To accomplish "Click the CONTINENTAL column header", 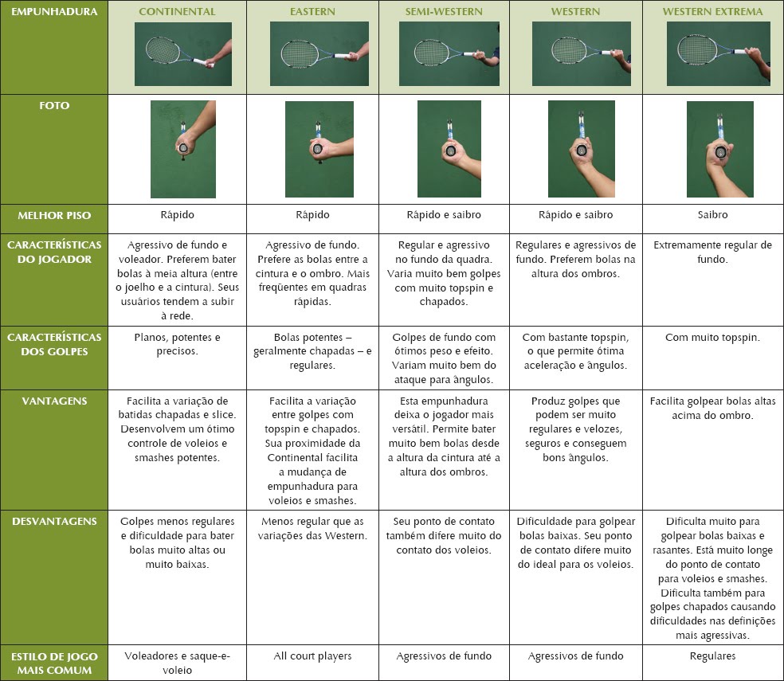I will coord(177,12).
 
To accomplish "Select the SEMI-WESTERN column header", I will coord(444,12).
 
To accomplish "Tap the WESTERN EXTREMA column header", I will coord(712,12).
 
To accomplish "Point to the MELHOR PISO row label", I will coord(54,216).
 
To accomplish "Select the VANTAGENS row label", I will coord(54,401).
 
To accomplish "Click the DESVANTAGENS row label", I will coord(54,522).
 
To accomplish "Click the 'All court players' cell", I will coord(312,656).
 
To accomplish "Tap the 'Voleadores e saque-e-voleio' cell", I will coord(177,663).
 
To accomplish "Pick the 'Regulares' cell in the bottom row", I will coord(712,656).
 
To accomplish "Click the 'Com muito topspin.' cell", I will coord(712,338).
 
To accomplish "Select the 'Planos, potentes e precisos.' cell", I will coord(177,344).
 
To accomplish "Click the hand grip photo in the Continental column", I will coord(183,149).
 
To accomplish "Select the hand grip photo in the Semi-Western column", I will coord(449,149).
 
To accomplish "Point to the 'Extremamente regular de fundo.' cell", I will coord(712,252).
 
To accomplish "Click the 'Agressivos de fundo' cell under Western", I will coord(575,656).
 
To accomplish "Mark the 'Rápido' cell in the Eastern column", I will coord(312,215).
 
